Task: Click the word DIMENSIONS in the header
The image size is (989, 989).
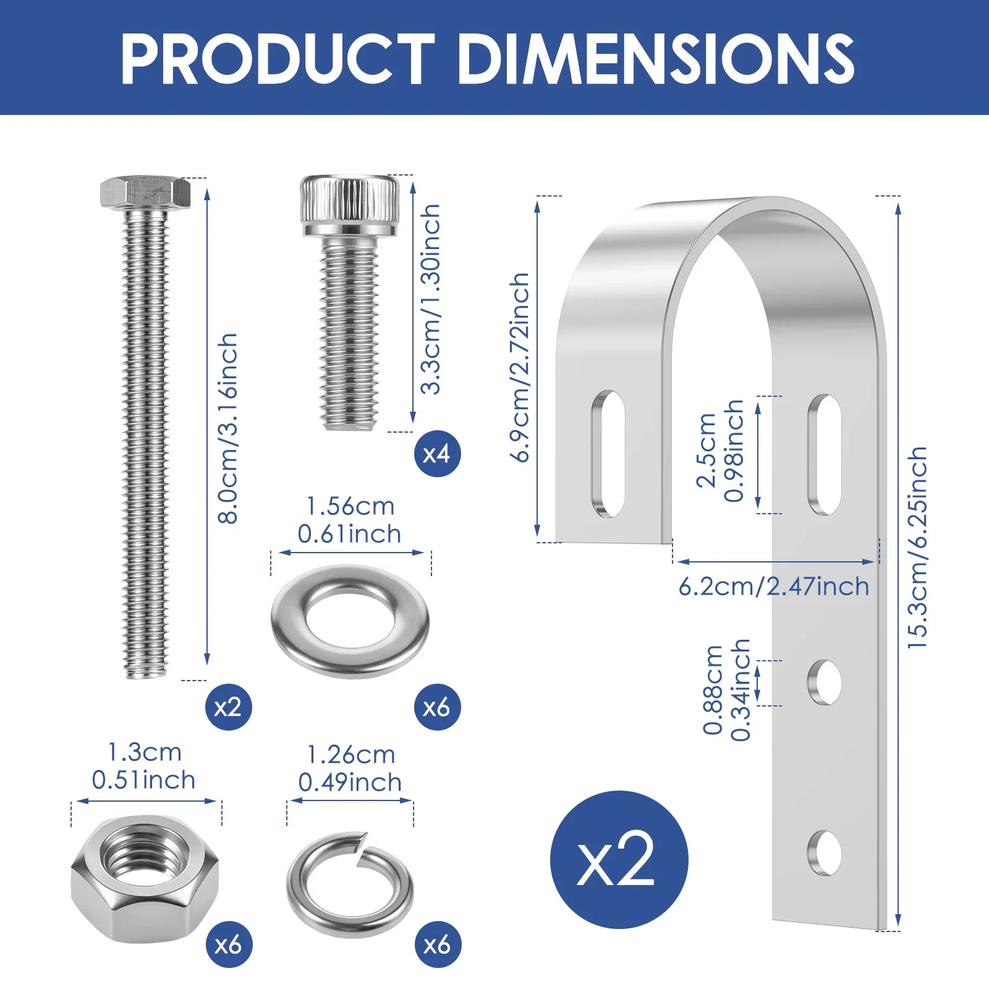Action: [x=656, y=58]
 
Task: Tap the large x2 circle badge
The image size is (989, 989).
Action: [x=619, y=860]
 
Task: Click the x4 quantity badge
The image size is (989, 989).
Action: [x=438, y=454]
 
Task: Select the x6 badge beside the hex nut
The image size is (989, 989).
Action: [x=229, y=944]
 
